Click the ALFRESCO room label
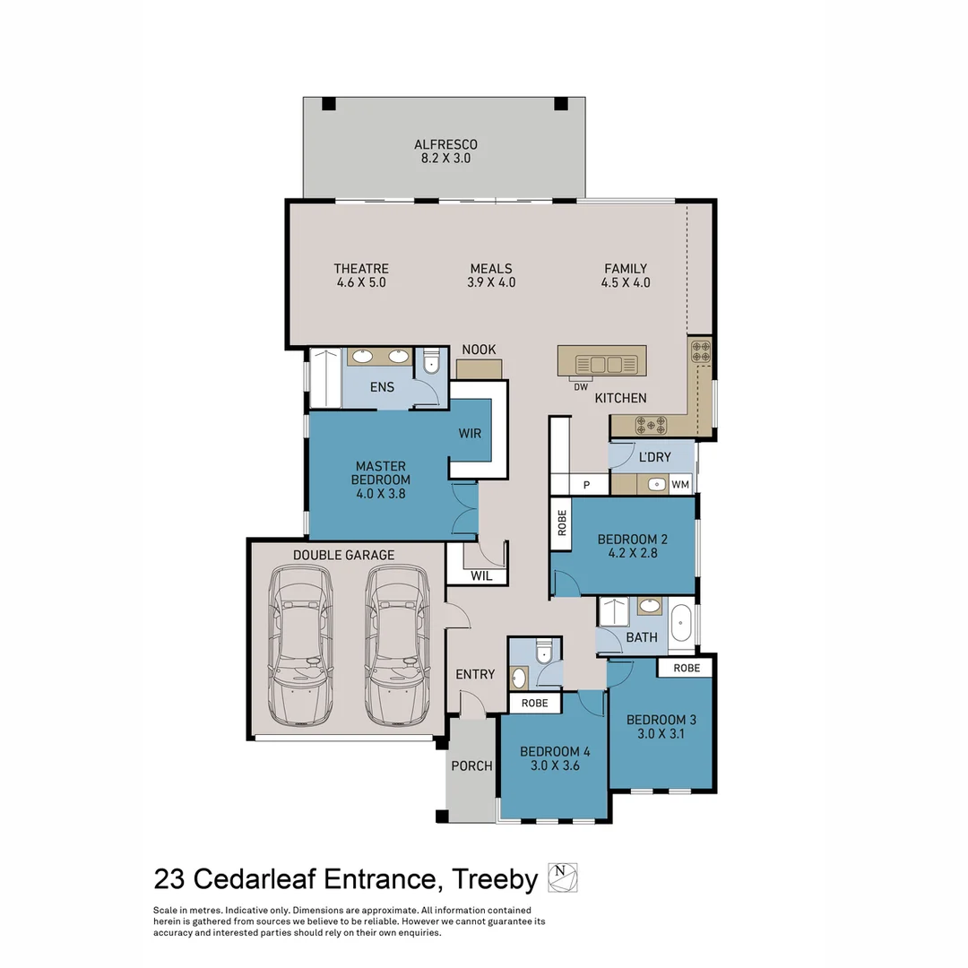click(445, 144)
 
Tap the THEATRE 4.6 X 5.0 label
click(361, 275)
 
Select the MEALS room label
click(491, 269)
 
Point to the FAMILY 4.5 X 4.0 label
click(626, 275)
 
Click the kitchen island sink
click(605, 364)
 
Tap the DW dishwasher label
click(581, 387)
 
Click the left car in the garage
click(300, 645)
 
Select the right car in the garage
click(397, 645)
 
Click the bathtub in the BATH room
click(681, 624)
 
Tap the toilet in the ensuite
click(430, 364)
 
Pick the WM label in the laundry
click(680, 485)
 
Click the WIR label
click(470, 434)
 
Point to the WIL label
click(481, 576)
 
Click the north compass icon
click(562, 877)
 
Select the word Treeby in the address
click(495, 879)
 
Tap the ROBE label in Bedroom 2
click(562, 523)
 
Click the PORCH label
click(471, 766)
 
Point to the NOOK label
click(479, 350)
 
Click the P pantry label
click(586, 485)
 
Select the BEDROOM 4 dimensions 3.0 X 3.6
click(555, 765)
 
